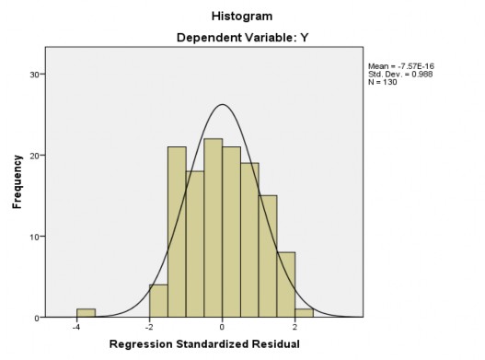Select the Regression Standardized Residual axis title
222,343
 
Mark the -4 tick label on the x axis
76,328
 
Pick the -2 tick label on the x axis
148,328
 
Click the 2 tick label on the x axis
294,328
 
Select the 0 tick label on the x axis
222,328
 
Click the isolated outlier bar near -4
86,313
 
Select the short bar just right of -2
158,301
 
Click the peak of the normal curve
222,104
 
